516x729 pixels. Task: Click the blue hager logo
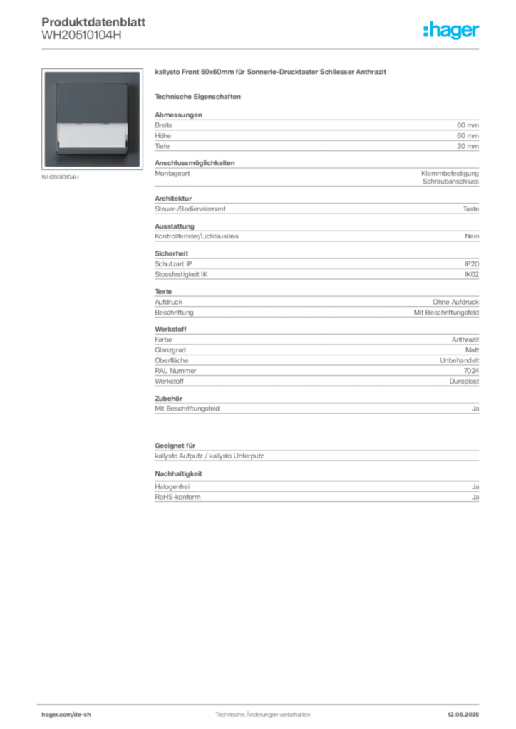pos(453,31)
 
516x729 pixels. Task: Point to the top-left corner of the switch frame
pos(46,71)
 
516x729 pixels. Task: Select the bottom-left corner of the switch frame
pos(46,166)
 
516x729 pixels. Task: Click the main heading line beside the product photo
pos(271,73)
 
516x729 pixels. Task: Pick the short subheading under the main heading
pos(200,95)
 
